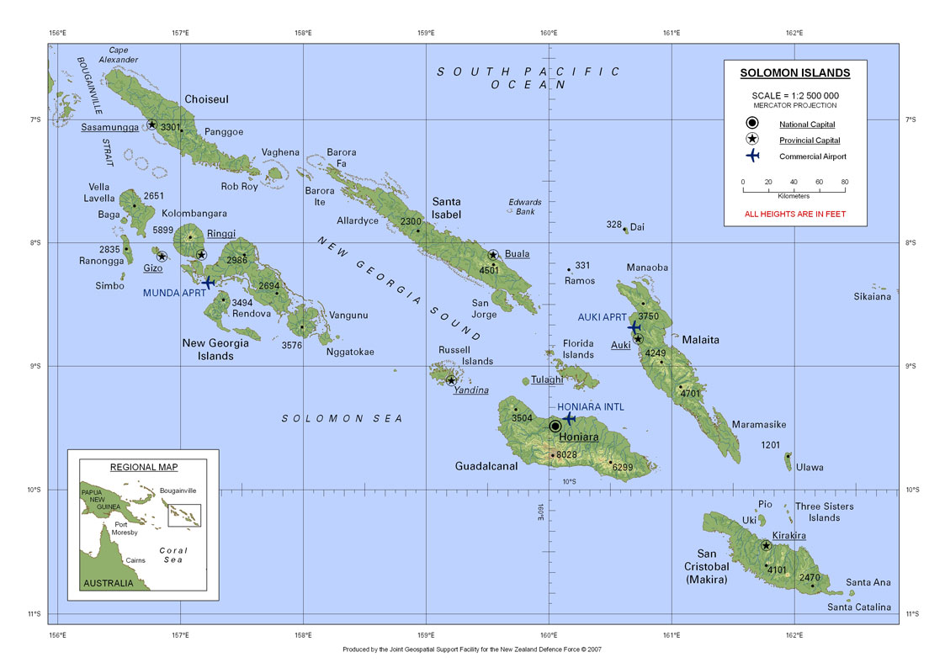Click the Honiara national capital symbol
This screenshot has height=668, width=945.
pos(555,427)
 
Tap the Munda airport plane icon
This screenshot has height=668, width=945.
pos(208,282)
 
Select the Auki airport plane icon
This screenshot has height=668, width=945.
pos(634,326)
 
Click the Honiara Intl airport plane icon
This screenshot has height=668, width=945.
pos(569,418)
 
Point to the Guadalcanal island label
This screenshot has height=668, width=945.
pos(486,466)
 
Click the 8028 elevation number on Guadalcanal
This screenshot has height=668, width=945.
pos(567,455)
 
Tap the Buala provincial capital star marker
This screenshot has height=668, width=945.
pos(493,255)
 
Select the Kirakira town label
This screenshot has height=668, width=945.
pos(788,536)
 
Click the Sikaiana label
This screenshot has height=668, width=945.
pos(872,297)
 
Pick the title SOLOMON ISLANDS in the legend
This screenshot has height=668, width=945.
pos(795,73)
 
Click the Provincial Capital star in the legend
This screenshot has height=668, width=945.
pos(751,140)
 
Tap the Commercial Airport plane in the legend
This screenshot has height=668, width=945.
pos(751,156)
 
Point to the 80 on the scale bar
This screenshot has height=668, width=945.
pos(844,182)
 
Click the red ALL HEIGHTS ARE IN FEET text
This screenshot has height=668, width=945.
pos(795,215)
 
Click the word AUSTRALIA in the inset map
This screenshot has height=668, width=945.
pos(107,583)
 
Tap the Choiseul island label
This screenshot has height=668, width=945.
pos(206,99)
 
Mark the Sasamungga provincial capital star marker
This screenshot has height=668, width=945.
pos(152,125)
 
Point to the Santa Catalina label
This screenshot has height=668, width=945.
pos(858,607)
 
